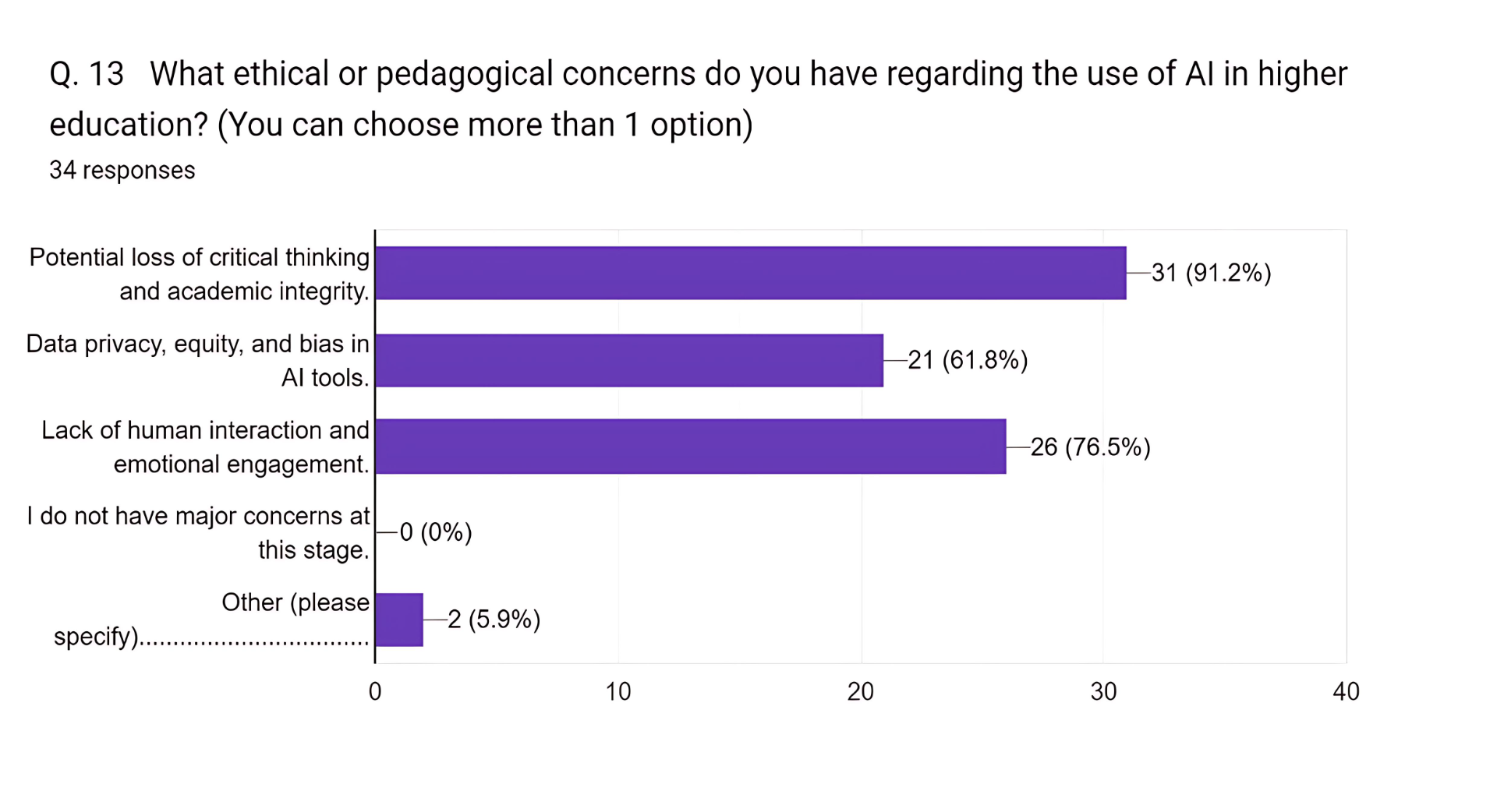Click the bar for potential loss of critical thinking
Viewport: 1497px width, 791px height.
click(x=750, y=273)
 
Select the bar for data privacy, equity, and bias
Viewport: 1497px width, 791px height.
click(x=628, y=360)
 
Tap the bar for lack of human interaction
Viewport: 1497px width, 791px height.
click(x=690, y=447)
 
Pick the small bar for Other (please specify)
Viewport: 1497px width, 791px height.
click(x=399, y=620)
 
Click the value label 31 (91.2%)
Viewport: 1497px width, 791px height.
click(x=1211, y=273)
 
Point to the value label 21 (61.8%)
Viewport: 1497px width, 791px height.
click(x=968, y=360)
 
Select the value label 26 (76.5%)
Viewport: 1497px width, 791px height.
click(x=1090, y=447)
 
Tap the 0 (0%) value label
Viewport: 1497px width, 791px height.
click(x=436, y=532)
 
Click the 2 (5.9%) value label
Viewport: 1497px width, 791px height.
click(x=494, y=620)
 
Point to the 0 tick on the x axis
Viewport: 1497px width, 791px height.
click(x=375, y=691)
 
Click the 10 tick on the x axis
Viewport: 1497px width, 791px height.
click(x=618, y=691)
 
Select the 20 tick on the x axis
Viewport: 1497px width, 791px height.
click(x=861, y=691)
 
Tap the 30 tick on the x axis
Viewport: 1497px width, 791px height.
click(x=1104, y=691)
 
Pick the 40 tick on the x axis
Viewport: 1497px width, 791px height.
click(x=1347, y=691)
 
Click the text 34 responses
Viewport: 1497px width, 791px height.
click(x=122, y=170)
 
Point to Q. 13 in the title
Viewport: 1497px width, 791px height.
click(x=87, y=74)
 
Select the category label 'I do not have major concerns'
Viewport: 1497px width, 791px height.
click(x=198, y=532)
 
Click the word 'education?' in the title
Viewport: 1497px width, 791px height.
click(x=128, y=125)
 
